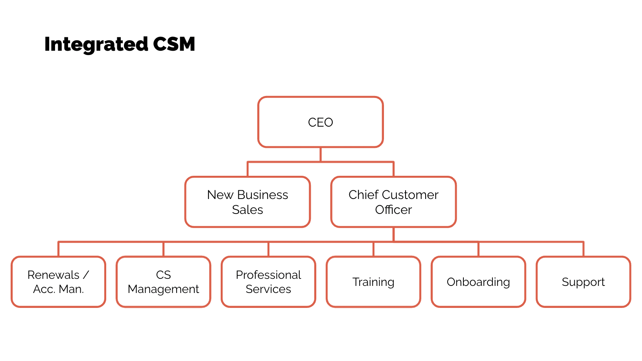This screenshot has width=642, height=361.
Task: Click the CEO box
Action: coord(320,122)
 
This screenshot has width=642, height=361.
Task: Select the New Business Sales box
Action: coord(247,202)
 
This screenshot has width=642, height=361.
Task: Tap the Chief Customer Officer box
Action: coord(393,202)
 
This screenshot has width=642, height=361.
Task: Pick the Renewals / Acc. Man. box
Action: coord(58,282)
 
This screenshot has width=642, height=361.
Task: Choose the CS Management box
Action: coord(163,282)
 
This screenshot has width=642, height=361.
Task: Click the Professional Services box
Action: coord(268,282)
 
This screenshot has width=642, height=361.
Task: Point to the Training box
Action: coord(373,282)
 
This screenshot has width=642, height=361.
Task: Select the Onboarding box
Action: coord(478,282)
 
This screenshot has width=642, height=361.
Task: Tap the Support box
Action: coord(583,282)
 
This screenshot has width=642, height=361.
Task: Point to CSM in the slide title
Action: coord(174,44)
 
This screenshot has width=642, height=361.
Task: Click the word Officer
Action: coord(393,210)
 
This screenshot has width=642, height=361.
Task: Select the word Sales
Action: coord(247,210)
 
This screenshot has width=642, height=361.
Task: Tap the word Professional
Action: coord(268,275)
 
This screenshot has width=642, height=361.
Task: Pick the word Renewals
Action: coord(53,275)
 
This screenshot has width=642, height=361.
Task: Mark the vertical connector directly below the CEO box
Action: coord(321,154)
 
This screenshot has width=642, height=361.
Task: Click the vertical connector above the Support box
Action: coord(583,249)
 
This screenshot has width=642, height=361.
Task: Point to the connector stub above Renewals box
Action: coord(58,249)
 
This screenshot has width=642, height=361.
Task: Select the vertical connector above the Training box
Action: coord(373,249)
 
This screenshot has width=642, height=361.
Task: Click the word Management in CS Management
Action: coord(163,289)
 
